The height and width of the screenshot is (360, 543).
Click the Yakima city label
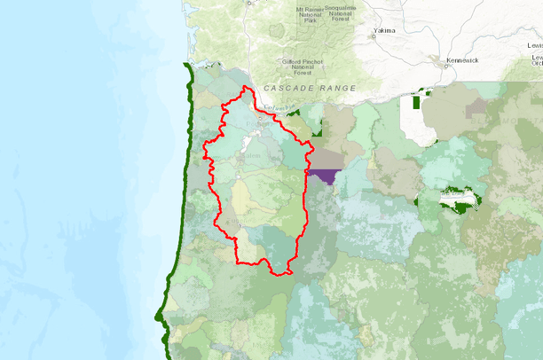point(383,30)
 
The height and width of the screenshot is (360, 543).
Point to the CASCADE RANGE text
point(309,89)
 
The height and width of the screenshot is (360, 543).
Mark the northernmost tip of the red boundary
point(245,85)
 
